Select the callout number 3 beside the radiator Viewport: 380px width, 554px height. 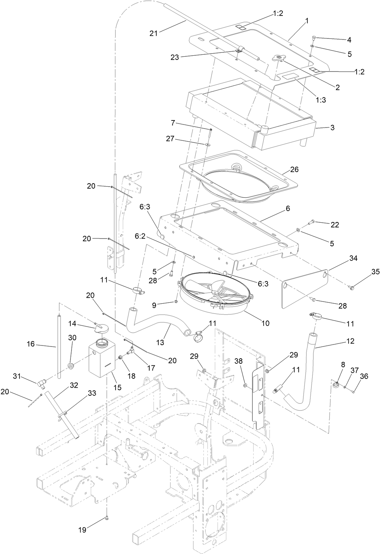[332, 128]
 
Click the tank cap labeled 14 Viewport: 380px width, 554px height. [101, 327]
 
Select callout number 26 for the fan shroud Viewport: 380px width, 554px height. [294, 169]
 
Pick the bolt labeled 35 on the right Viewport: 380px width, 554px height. [351, 287]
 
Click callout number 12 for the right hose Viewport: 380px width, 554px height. [350, 341]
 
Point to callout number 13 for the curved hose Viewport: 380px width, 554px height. [160, 342]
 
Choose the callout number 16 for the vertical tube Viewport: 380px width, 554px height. [31, 343]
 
